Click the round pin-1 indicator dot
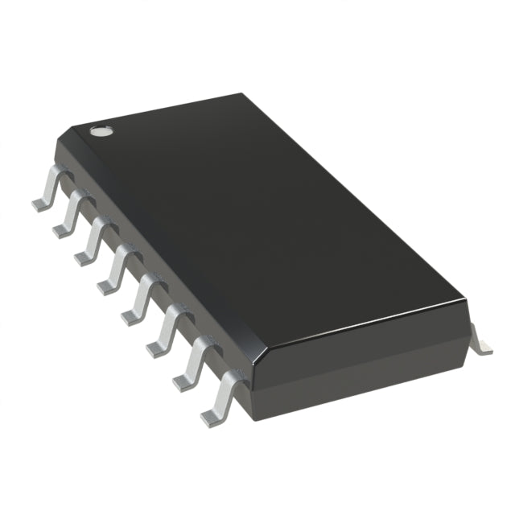pos(100,130)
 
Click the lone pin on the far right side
pos(480,339)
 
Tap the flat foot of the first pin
pos(40,204)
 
